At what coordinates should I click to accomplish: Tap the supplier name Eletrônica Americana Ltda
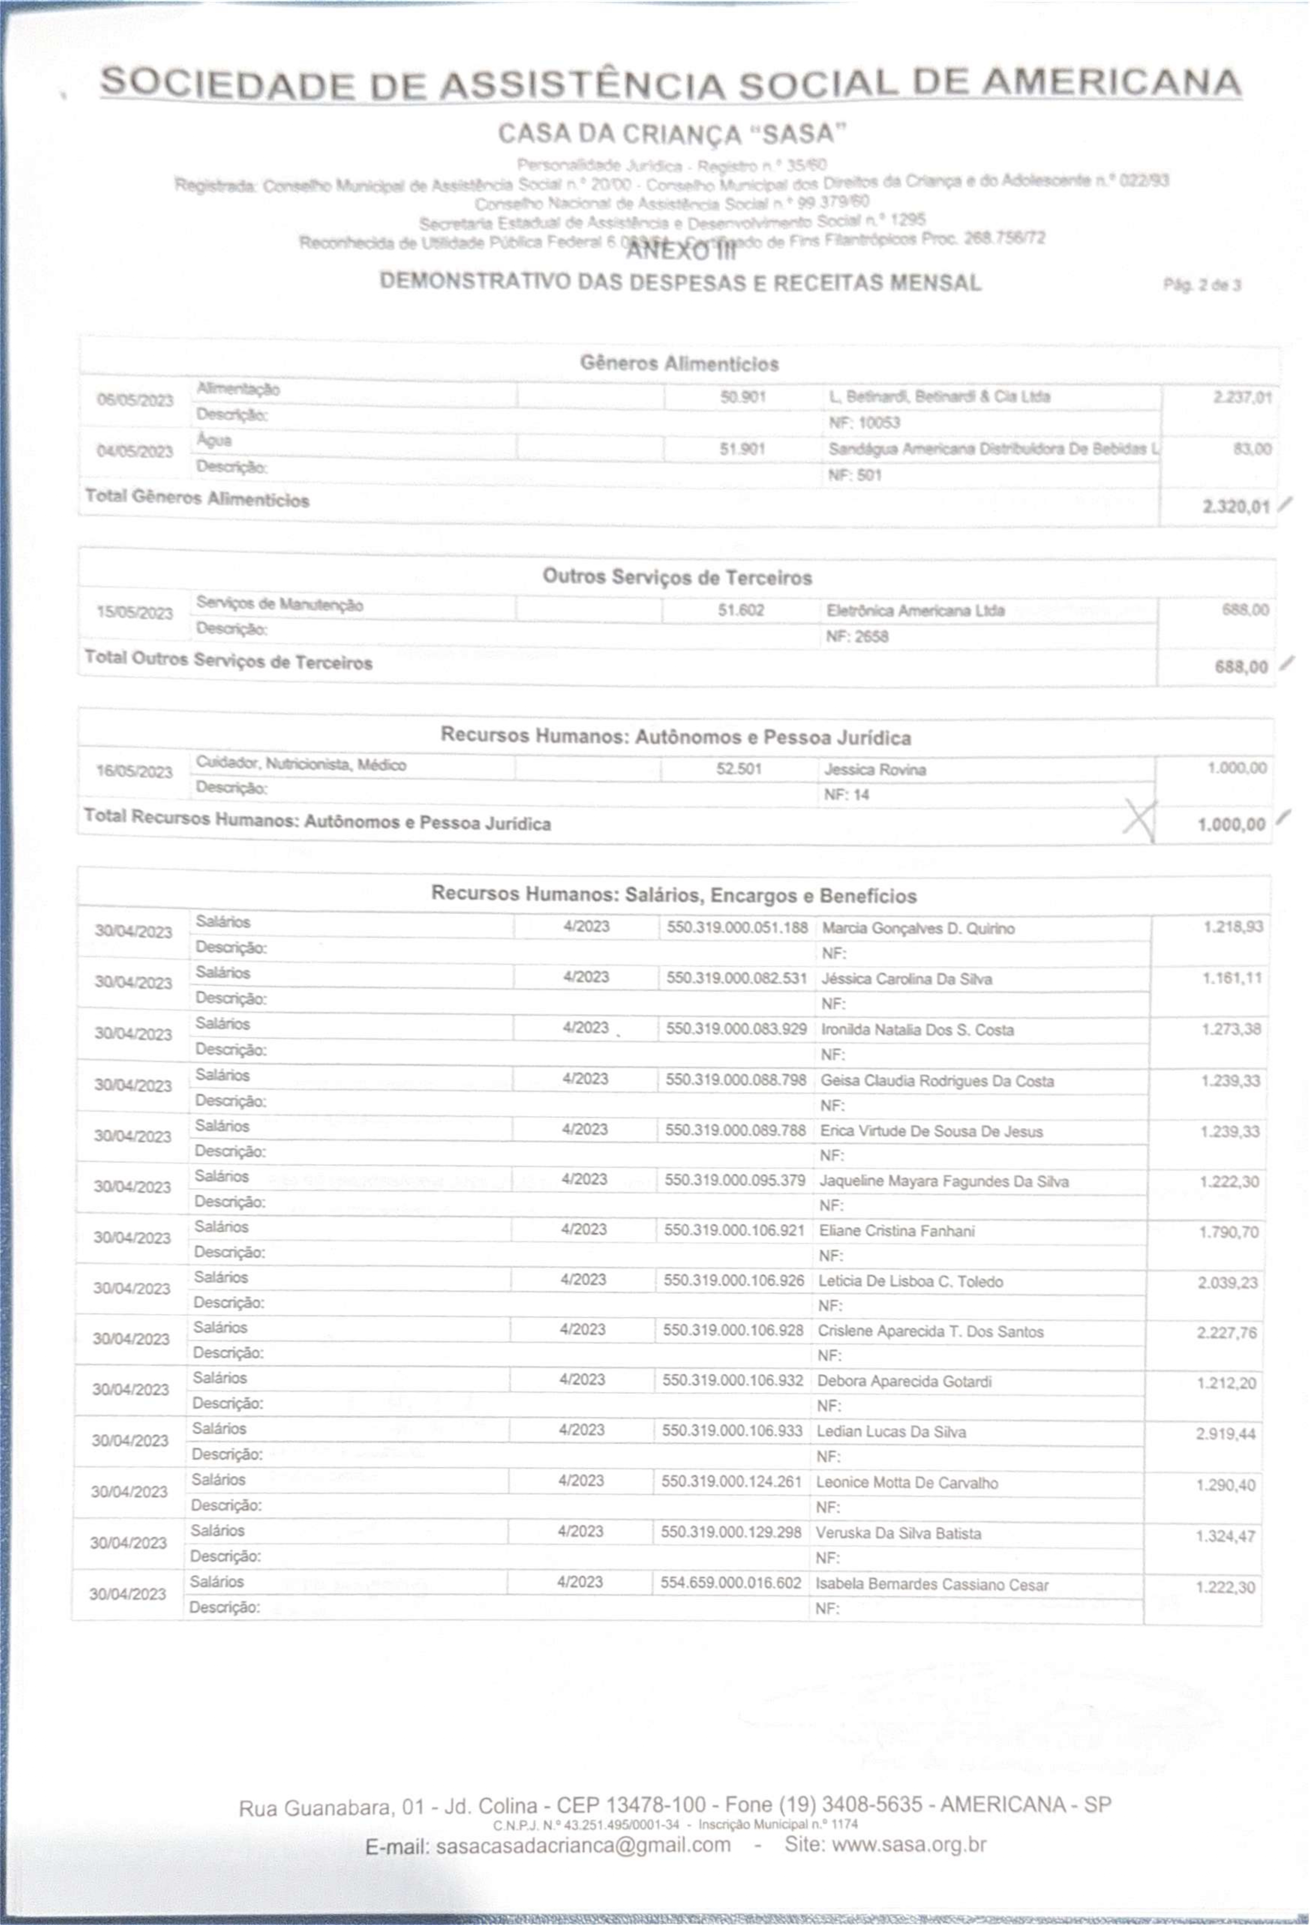tap(915, 610)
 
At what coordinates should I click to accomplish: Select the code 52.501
tap(738, 769)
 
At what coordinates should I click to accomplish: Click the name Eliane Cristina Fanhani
tap(896, 1231)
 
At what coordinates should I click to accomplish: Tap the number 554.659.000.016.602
tap(730, 1583)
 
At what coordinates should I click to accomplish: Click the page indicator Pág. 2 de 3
tap(1201, 285)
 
